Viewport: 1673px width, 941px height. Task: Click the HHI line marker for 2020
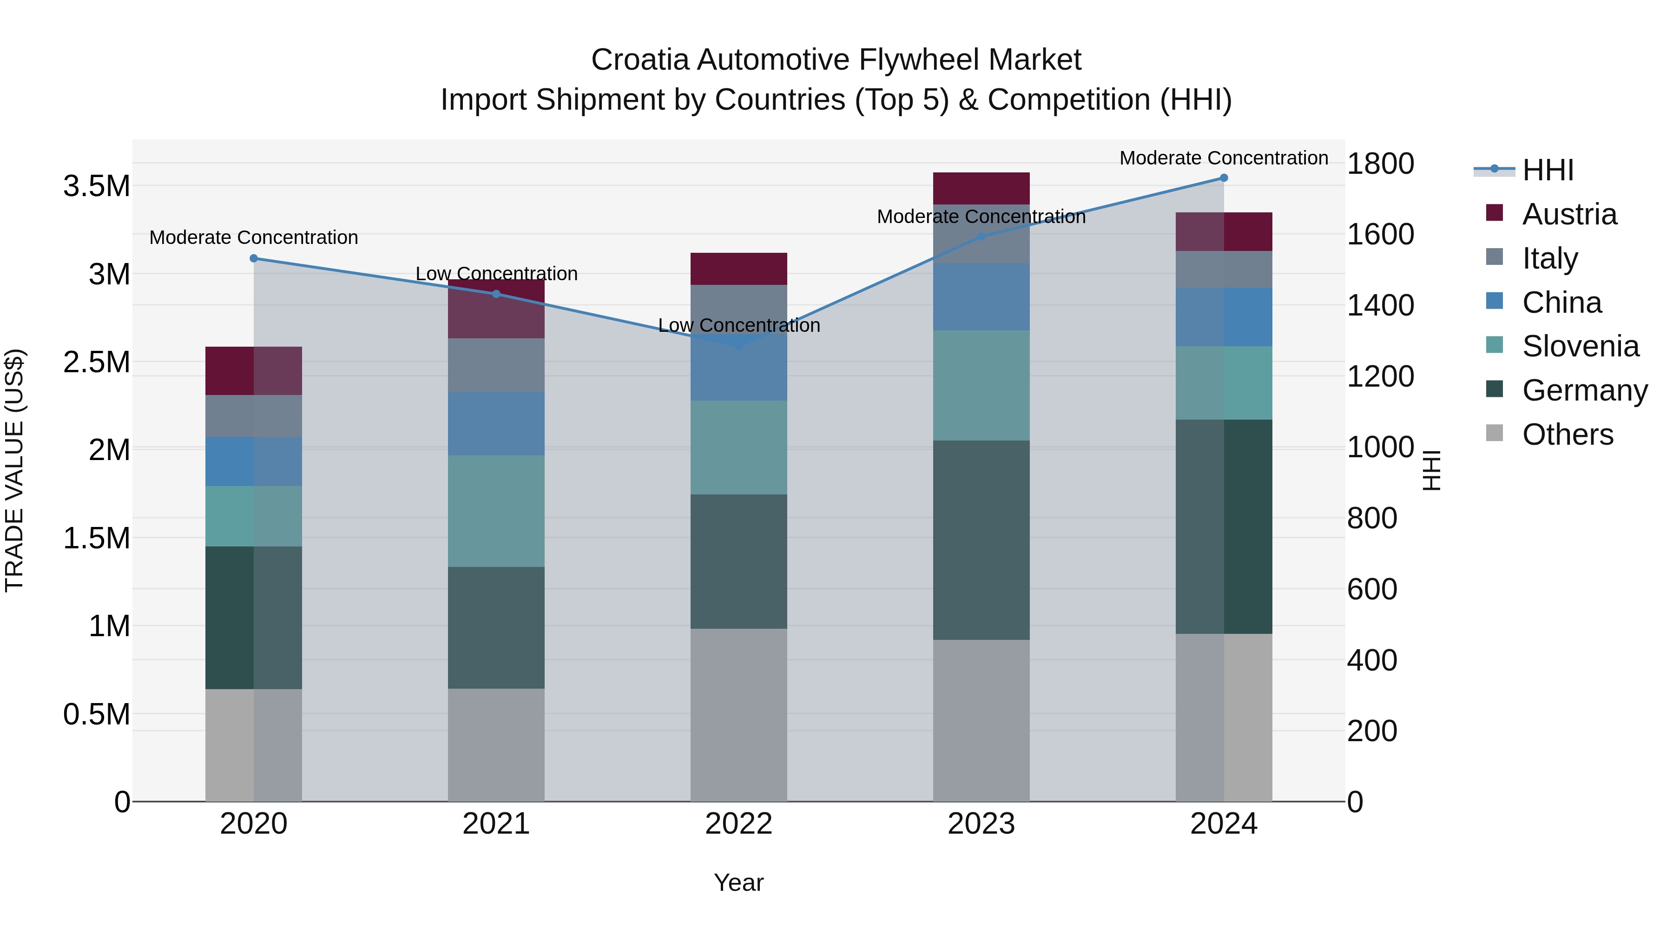click(x=254, y=258)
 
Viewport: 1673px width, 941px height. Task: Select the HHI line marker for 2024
click(x=1224, y=178)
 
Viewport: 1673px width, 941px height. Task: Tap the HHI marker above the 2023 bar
click(x=981, y=237)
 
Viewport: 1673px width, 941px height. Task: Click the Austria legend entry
click(x=1568, y=214)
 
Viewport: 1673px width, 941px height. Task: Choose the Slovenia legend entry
click(x=1580, y=346)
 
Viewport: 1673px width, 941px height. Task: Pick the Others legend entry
click(x=1567, y=434)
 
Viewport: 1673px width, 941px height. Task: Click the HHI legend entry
click(x=1547, y=170)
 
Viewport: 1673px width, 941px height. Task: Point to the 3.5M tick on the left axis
click(x=97, y=186)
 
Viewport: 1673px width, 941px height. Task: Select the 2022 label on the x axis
click(x=738, y=824)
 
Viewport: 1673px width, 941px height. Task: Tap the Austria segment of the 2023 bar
click(x=981, y=188)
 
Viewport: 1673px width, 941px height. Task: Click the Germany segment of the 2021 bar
click(x=496, y=627)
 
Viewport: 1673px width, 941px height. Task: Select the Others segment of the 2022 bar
click(x=738, y=714)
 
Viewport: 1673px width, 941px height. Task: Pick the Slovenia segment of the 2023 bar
click(x=981, y=385)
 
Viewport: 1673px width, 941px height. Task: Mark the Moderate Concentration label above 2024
click(x=1224, y=158)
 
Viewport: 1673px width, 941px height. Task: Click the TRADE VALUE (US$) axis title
click(x=14, y=470)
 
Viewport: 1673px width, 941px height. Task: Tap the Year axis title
click(x=738, y=882)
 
